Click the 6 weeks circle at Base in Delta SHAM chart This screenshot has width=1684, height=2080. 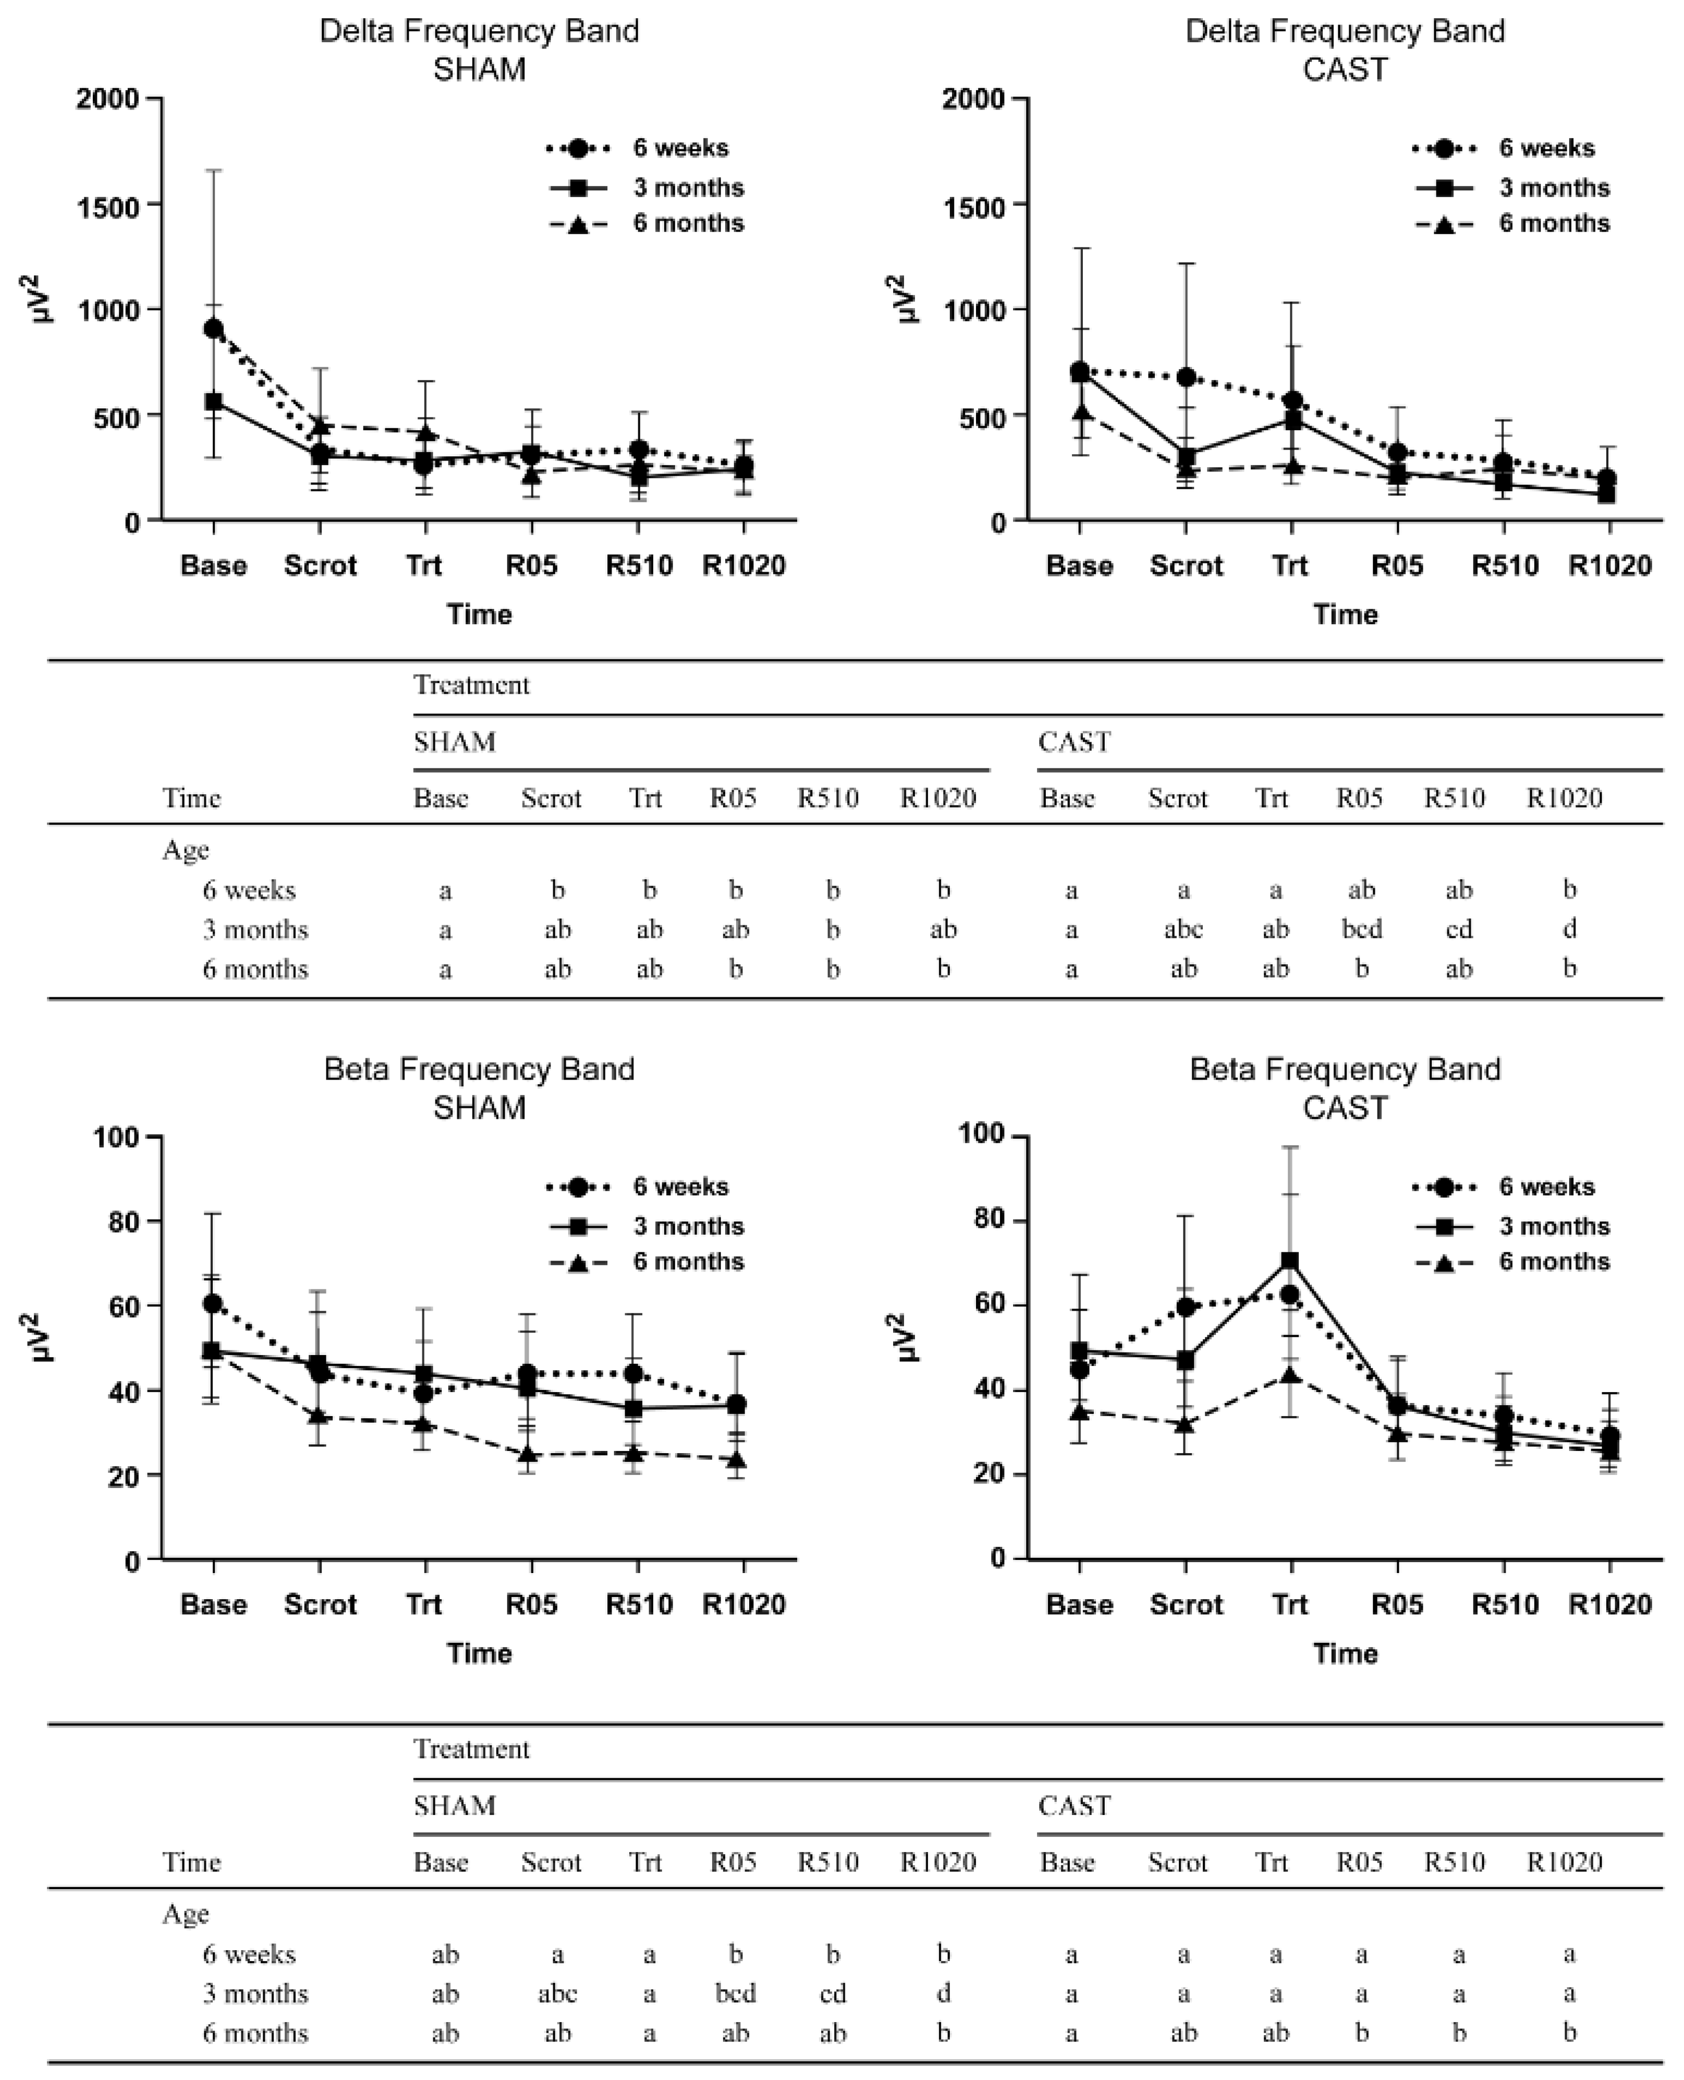213,329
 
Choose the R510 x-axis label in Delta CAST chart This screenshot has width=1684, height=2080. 1505,565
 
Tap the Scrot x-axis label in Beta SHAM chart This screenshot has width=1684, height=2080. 320,1604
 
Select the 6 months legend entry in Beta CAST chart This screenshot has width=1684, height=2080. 1511,1261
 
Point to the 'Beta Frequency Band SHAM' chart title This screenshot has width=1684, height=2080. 479,1087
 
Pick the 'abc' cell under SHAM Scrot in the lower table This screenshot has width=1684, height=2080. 557,1993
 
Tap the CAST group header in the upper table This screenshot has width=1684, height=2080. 1074,742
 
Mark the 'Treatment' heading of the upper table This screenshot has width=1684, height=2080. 471,685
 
